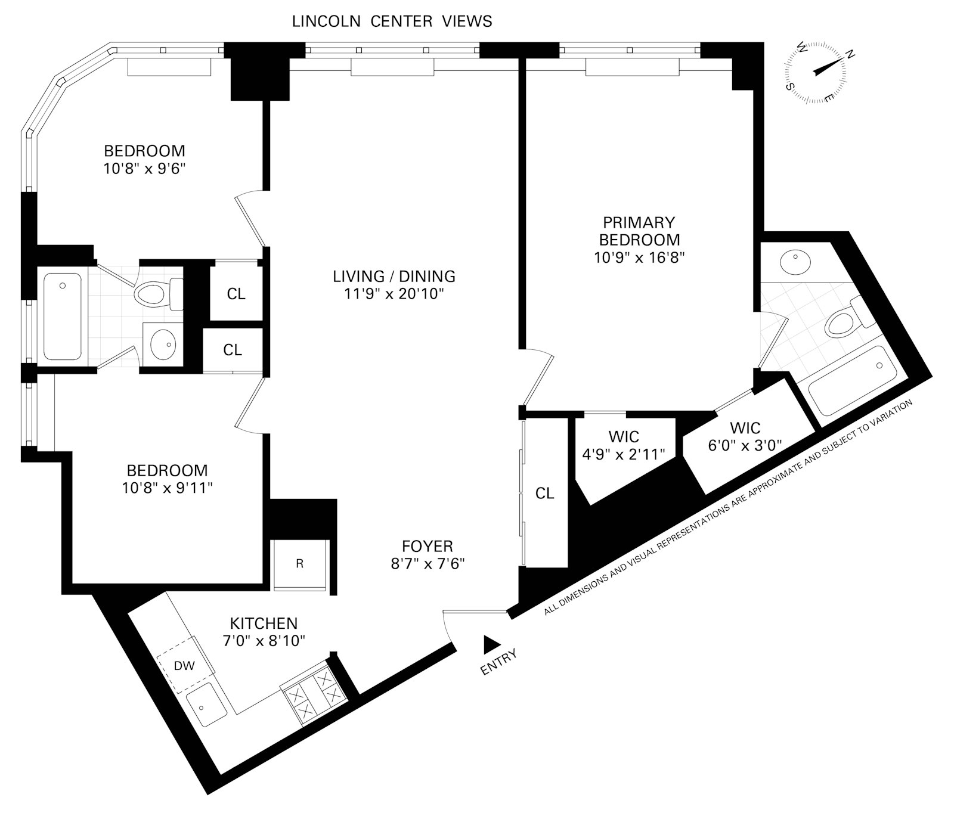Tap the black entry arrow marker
(x=491, y=643)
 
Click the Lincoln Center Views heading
(x=392, y=22)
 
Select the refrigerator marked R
(x=300, y=564)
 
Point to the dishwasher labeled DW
(x=185, y=666)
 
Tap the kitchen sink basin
(x=206, y=705)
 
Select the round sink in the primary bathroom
(x=794, y=260)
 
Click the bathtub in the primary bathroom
(x=853, y=381)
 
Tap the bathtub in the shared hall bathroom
(x=62, y=317)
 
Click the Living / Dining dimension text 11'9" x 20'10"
(x=394, y=294)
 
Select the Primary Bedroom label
(x=639, y=231)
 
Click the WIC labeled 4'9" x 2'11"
(x=624, y=445)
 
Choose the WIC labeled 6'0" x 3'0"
(x=745, y=437)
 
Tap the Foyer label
(x=427, y=546)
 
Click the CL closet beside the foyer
(x=544, y=494)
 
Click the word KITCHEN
(x=264, y=623)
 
